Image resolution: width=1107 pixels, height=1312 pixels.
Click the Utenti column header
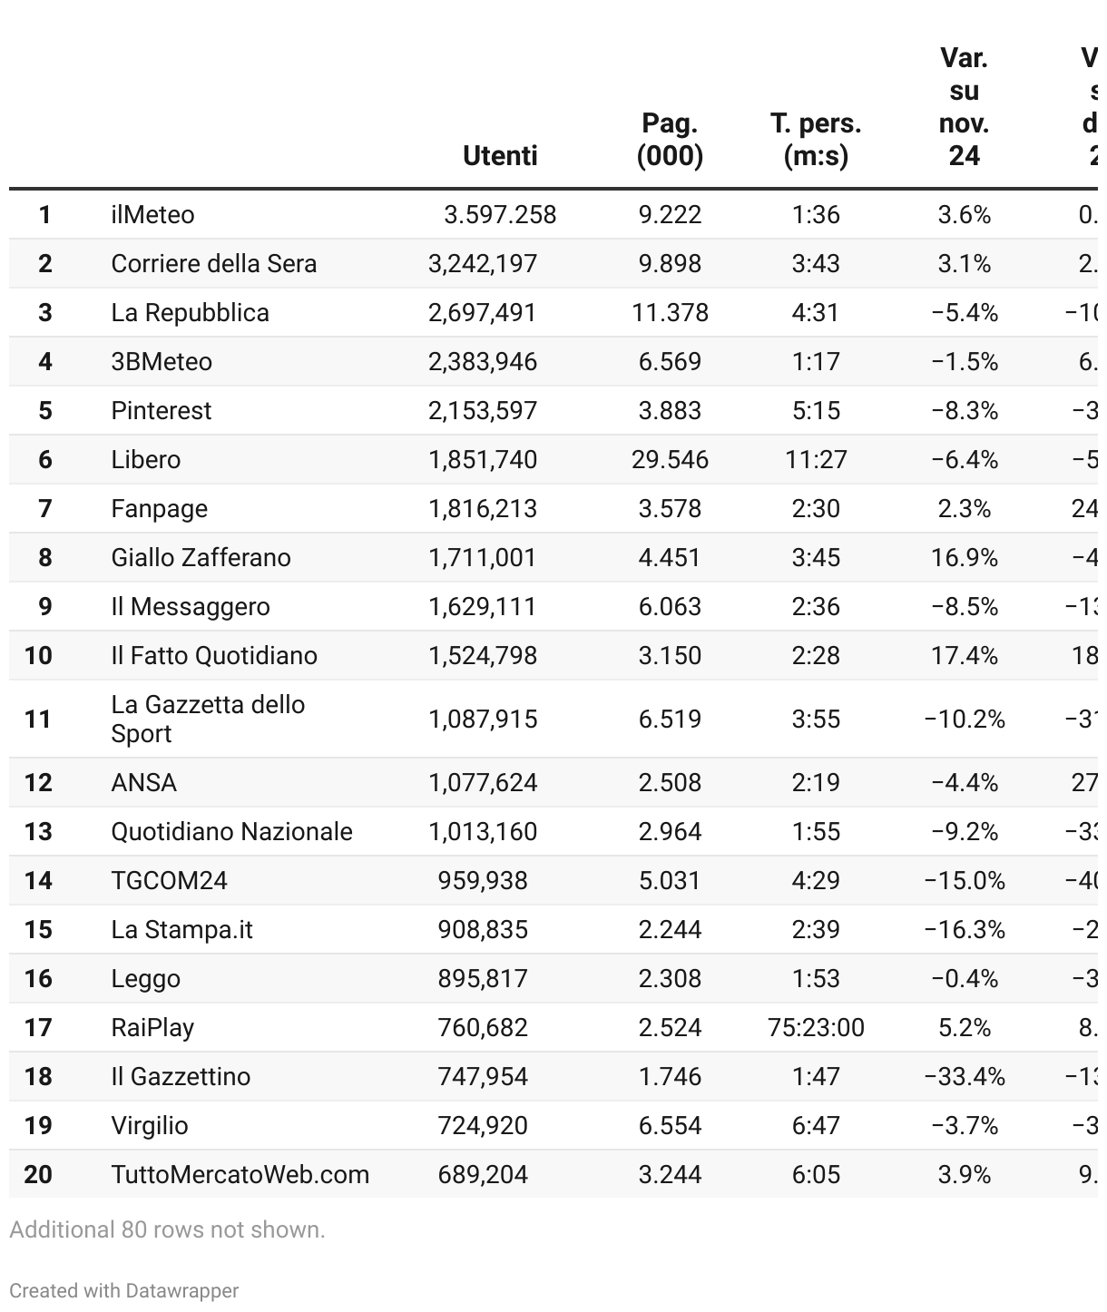click(500, 155)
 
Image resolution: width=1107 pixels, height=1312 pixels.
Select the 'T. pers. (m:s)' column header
click(816, 139)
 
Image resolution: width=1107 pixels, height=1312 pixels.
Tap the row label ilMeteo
click(152, 215)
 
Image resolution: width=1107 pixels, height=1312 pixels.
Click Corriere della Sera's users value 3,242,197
click(483, 264)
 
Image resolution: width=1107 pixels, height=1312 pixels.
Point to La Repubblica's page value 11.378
click(670, 313)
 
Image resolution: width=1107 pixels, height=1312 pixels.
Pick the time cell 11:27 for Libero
click(816, 460)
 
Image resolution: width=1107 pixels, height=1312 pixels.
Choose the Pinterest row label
click(161, 411)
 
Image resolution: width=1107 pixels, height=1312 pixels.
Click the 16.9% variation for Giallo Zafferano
click(964, 558)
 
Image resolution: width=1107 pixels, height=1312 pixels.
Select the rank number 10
click(38, 656)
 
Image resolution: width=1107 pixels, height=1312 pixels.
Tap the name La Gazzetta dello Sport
click(208, 719)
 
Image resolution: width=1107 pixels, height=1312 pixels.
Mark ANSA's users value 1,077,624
click(483, 783)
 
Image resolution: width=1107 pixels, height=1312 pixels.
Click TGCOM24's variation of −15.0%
click(964, 881)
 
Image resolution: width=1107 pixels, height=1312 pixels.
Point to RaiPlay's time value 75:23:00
click(816, 1028)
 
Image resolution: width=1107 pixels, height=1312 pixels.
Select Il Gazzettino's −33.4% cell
click(964, 1077)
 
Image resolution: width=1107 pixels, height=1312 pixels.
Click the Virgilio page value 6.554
click(670, 1126)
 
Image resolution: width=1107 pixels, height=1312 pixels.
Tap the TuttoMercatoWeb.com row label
click(240, 1175)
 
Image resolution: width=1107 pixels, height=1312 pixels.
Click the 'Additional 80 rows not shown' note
click(167, 1230)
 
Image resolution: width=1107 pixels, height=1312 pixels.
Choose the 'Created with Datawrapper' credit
click(124, 1291)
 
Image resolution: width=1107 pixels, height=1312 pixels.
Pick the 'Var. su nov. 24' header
click(964, 106)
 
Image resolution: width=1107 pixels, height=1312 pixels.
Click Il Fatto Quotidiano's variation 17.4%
click(964, 656)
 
